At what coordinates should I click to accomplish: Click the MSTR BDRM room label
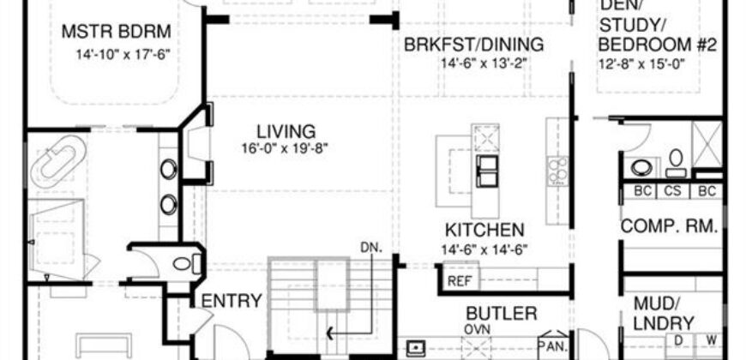point(116,32)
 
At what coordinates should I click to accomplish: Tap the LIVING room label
point(286,131)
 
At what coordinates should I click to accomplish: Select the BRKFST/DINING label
point(473,45)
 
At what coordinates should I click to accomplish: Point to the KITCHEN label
point(484,231)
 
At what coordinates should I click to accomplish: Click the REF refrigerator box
point(460,280)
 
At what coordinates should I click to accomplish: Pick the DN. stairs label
point(372,248)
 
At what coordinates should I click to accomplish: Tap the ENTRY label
point(232,301)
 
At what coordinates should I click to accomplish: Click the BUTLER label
point(502,314)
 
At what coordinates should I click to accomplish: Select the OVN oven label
point(478,329)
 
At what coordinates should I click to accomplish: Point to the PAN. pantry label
point(553,345)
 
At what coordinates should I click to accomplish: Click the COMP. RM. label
point(669,226)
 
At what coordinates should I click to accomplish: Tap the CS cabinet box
point(672,191)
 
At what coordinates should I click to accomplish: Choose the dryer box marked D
point(679,340)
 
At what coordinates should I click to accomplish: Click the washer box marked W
point(710,340)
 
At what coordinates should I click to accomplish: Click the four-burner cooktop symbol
point(557,171)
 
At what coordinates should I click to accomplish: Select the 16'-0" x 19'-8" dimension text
point(285,148)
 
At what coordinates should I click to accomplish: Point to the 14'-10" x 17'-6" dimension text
point(123,54)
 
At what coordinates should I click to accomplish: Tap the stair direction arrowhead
point(330,333)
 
